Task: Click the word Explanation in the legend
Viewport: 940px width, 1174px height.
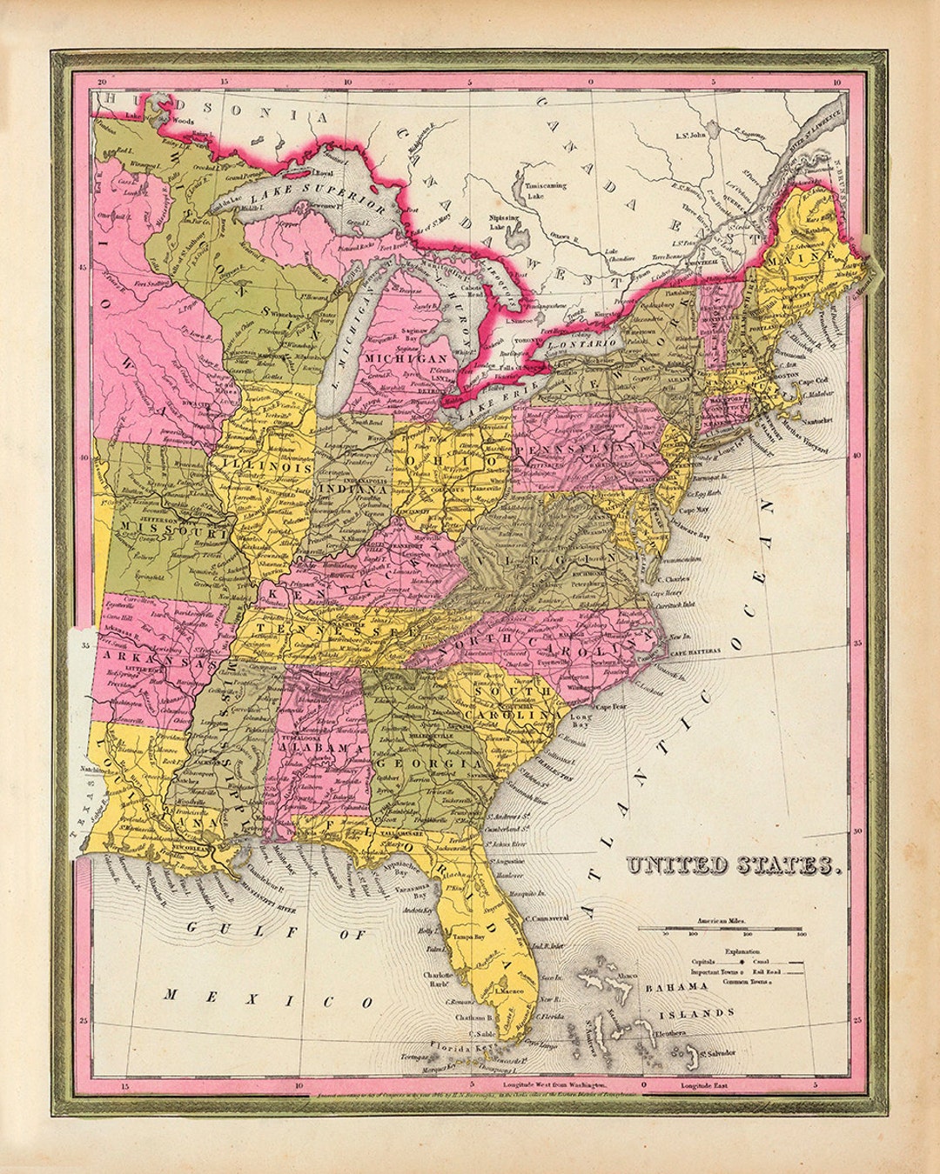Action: click(x=742, y=952)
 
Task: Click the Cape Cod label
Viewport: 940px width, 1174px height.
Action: click(x=814, y=380)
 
